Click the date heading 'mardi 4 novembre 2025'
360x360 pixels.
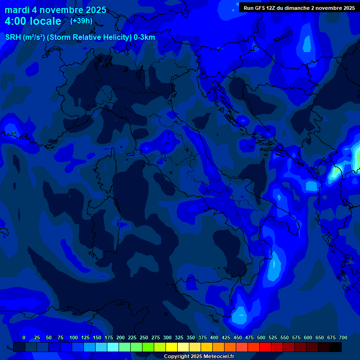(x=55, y=10)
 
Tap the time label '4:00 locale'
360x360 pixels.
(x=33, y=21)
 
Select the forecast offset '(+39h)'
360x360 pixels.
(x=81, y=21)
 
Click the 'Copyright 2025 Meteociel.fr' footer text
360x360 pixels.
(x=199, y=356)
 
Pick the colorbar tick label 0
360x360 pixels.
(x=24, y=337)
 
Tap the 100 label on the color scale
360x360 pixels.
(x=74, y=337)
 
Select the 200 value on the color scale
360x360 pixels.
(x=120, y=337)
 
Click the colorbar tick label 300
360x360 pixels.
(x=167, y=337)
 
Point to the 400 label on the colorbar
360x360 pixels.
(x=214, y=337)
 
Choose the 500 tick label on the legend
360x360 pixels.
(x=261, y=337)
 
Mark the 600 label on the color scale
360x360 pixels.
(x=308, y=337)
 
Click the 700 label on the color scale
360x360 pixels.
(x=343, y=337)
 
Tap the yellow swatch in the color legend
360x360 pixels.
(x=172, y=347)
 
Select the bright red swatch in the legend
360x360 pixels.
(x=265, y=347)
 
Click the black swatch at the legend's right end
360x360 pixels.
(x=336, y=347)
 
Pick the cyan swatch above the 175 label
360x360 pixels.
(x=113, y=347)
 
